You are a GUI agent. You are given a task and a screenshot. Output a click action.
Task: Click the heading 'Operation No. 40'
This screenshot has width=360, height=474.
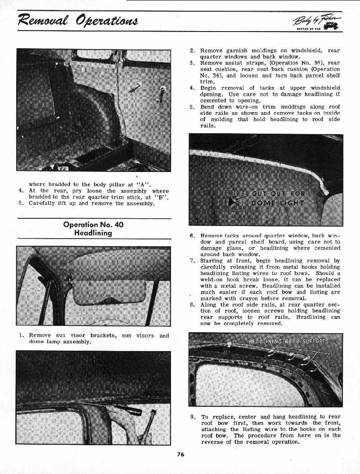pyautogui.click(x=93, y=225)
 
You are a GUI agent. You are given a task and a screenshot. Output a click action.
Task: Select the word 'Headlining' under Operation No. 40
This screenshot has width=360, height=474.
pyautogui.click(x=93, y=233)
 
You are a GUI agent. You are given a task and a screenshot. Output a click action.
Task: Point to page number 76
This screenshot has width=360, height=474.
pyautogui.click(x=180, y=454)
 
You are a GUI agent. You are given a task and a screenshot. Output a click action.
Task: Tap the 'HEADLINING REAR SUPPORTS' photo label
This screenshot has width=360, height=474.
pyautogui.click(x=288, y=341)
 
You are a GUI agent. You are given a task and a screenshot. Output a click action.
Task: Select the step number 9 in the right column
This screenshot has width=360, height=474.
pyautogui.click(x=192, y=417)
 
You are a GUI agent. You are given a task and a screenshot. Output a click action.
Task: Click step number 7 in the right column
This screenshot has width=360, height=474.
pyautogui.click(x=192, y=261)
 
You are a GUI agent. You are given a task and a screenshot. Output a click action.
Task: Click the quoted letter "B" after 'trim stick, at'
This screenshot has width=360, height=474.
pyautogui.click(x=163, y=197)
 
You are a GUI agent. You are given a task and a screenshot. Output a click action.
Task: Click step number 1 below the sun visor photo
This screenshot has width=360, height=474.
pyautogui.click(x=21, y=335)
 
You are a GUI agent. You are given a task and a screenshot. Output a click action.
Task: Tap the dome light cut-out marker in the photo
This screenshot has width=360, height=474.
pyautogui.click(x=231, y=201)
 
